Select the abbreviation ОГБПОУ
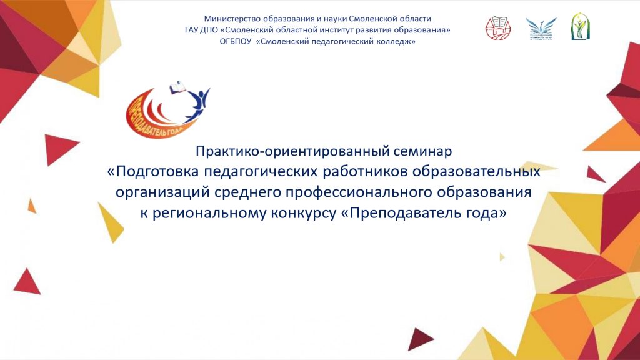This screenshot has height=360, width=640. click(236, 42)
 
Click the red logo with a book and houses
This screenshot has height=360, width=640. click(498, 28)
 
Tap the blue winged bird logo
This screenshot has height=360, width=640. click(541, 29)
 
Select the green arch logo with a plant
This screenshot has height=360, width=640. click(580, 26)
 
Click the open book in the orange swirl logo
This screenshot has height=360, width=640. click(177, 87)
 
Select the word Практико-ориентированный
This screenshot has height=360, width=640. click(293, 151)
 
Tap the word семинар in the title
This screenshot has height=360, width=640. click(423, 151)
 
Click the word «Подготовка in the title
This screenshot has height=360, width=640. click(154, 172)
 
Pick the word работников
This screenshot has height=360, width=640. click(366, 171)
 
